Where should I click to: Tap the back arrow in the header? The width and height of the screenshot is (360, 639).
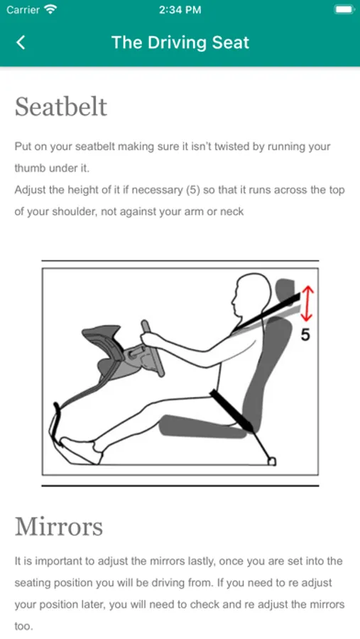[21, 43]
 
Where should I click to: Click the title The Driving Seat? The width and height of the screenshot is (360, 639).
[180, 43]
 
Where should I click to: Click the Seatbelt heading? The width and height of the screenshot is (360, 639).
[61, 106]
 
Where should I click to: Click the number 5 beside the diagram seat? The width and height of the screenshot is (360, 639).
[305, 334]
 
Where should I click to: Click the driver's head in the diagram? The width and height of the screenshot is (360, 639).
[250, 297]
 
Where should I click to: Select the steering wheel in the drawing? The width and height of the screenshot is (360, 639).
[153, 349]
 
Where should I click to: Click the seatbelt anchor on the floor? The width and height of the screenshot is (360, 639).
[272, 461]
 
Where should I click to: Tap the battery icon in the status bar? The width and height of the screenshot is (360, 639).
[344, 9]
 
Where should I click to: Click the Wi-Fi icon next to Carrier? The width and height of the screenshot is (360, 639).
[50, 9]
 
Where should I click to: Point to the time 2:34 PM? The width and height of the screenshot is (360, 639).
[180, 10]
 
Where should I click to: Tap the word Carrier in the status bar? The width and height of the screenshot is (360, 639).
[23, 9]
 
